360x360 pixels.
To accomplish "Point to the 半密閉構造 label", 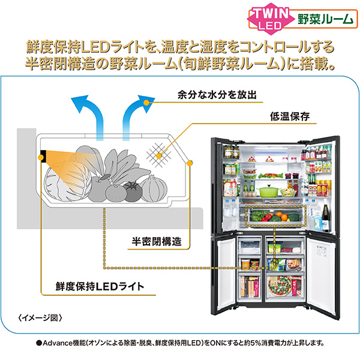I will click(x=157, y=242).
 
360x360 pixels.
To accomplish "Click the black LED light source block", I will click(x=44, y=157).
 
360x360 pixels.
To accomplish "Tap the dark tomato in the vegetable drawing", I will click(x=131, y=193).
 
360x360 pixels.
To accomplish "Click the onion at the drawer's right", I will click(x=155, y=188).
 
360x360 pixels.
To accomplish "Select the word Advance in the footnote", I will click(x=61, y=344).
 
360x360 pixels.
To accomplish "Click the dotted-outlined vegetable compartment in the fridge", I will click(x=277, y=214).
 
